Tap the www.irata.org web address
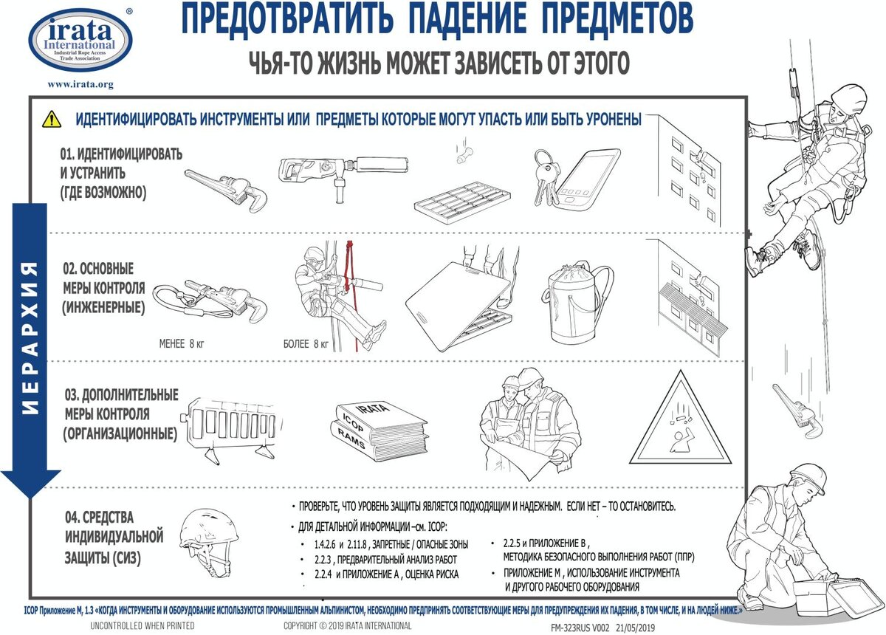tap(80, 85)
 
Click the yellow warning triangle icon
tap(51, 118)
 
